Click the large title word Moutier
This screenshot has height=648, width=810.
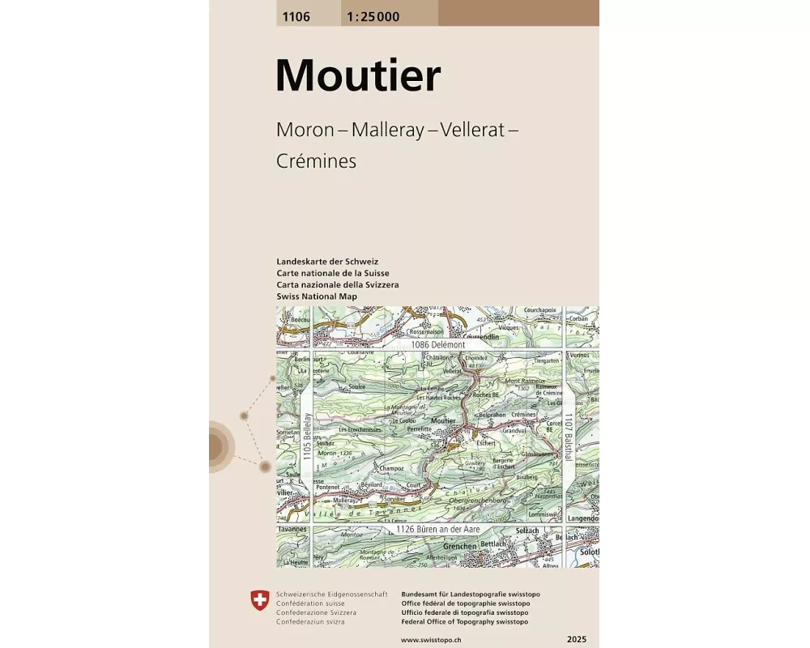click(x=358, y=75)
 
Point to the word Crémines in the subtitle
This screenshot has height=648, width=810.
click(x=316, y=161)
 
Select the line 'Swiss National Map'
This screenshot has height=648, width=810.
click(x=317, y=296)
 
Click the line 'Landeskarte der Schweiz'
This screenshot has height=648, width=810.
click(x=327, y=262)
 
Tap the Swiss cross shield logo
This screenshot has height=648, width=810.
click(x=259, y=600)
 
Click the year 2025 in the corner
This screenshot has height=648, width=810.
click(x=578, y=640)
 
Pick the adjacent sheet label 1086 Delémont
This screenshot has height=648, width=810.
click(x=438, y=344)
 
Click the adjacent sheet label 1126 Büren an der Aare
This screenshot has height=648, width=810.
click(x=438, y=529)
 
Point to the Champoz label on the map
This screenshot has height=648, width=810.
click(x=391, y=468)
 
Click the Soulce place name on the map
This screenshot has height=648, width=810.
click(x=357, y=386)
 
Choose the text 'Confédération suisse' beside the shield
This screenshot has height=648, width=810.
click(x=310, y=603)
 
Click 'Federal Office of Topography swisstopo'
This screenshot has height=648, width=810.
click(x=465, y=621)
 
